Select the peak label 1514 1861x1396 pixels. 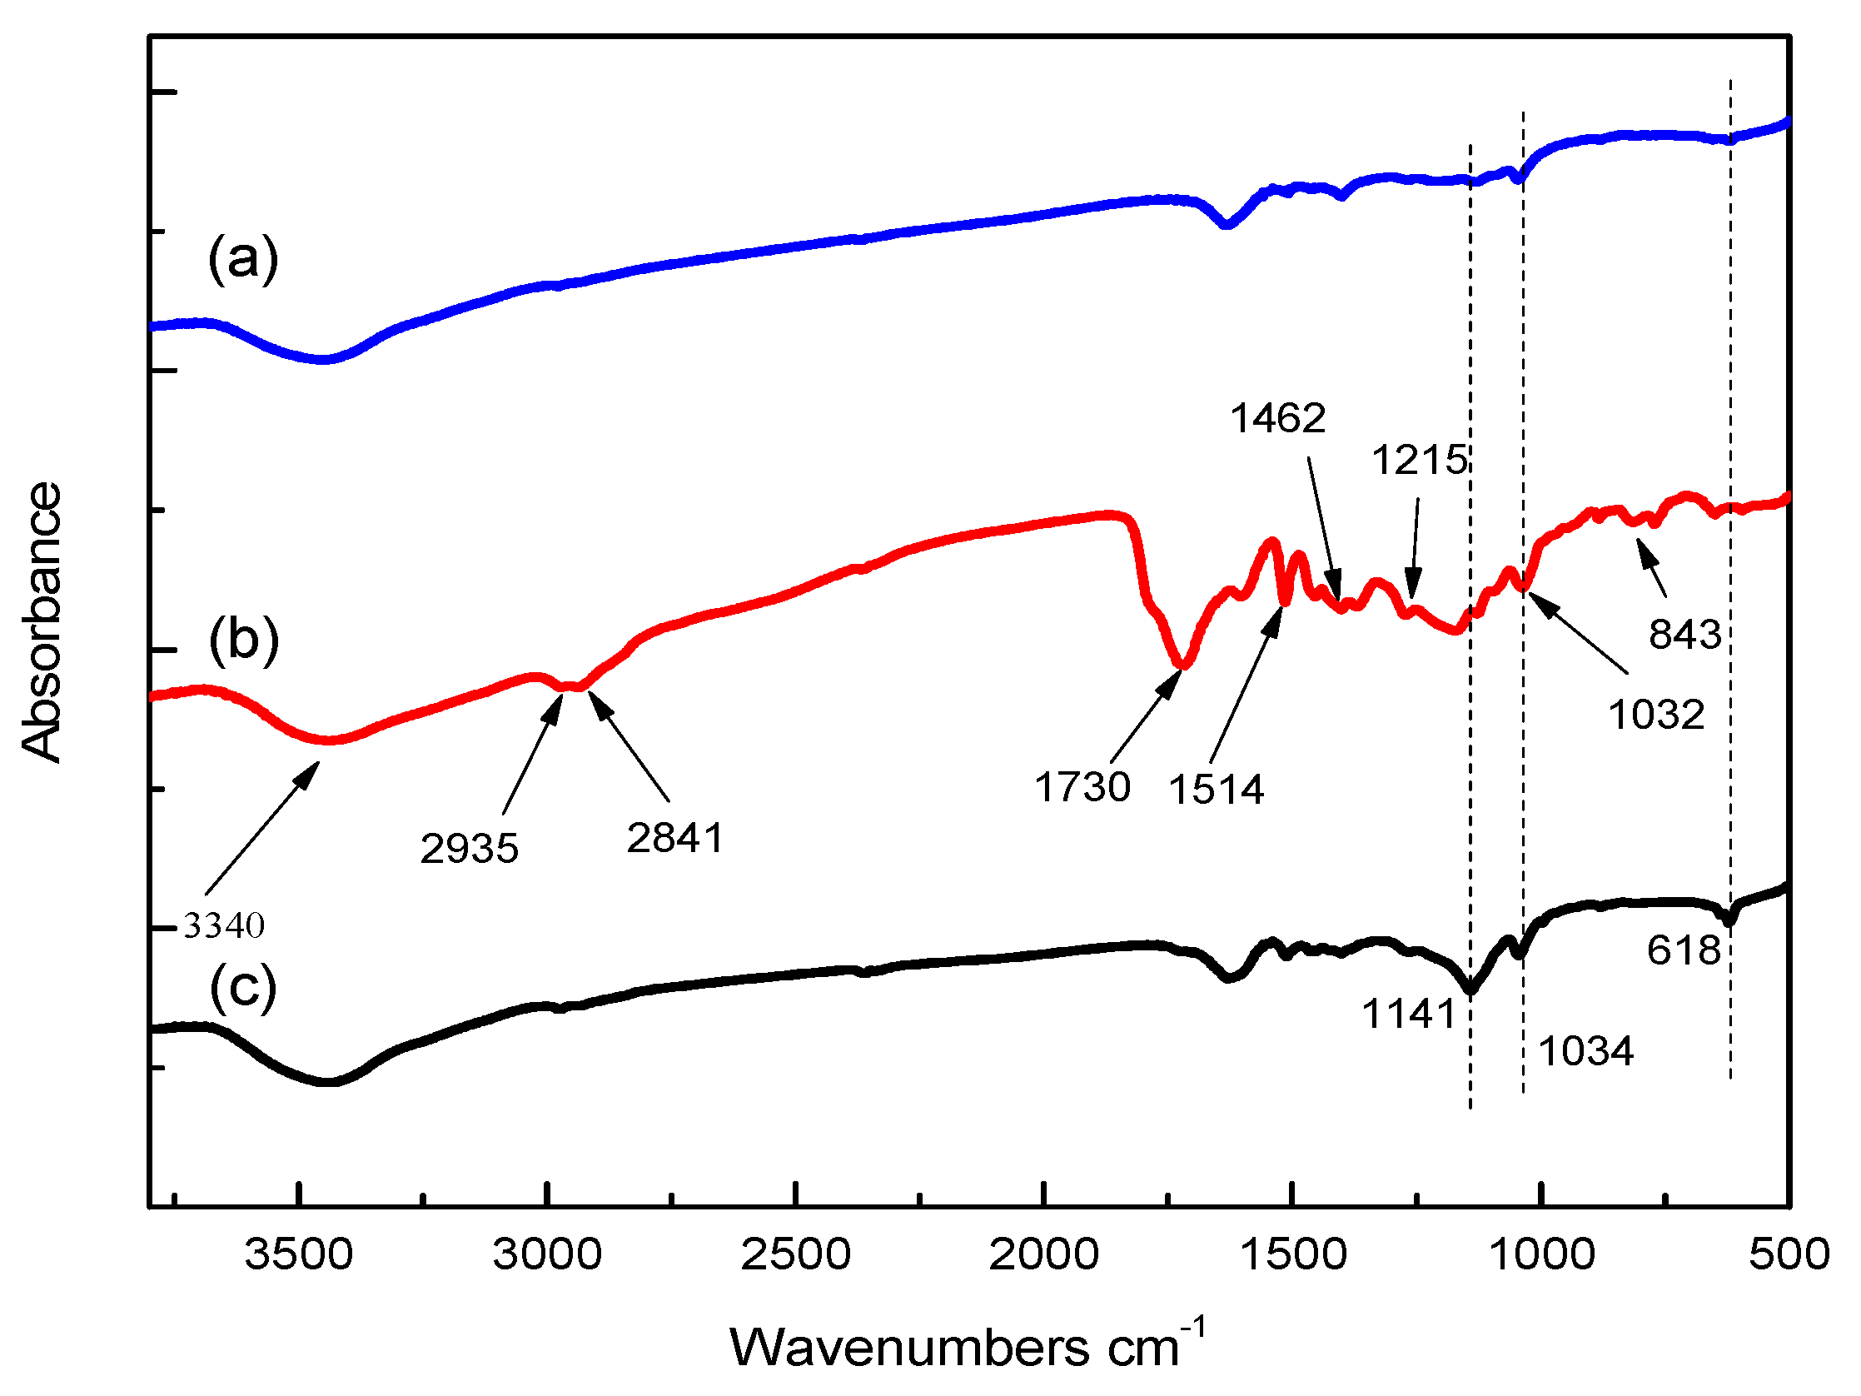tap(1216, 790)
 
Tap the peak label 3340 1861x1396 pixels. tap(224, 925)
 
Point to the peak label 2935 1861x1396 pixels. tap(470, 848)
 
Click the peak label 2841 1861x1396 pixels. tap(674, 838)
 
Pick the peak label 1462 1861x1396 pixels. tap(1278, 418)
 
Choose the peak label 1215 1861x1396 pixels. tap(1420, 461)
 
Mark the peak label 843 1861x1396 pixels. tap(1685, 635)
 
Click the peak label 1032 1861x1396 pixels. tap(1656, 715)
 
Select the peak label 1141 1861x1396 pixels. tap(1409, 1014)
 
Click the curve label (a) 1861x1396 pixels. tap(243, 259)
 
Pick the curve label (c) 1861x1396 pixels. tap(243, 987)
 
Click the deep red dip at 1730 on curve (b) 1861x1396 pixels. tap(1183, 664)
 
